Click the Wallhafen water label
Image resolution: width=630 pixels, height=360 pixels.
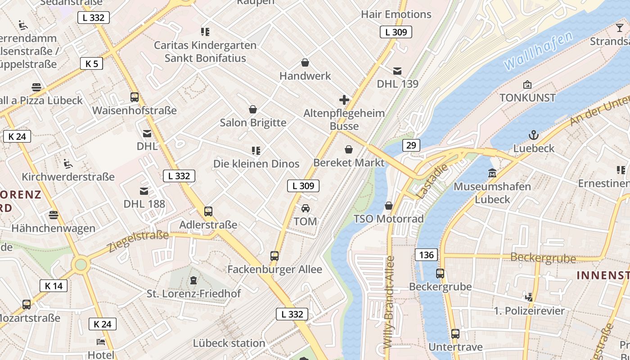pyautogui.click(x=539, y=50)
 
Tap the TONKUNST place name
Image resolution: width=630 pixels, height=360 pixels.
pyautogui.click(x=527, y=98)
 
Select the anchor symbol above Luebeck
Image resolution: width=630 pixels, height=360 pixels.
pyautogui.click(x=534, y=135)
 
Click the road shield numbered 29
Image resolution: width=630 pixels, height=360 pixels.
pyautogui.click(x=410, y=145)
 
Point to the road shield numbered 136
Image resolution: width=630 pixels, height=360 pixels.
pyautogui.click(x=426, y=255)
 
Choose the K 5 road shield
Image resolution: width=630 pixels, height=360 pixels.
pyautogui.click(x=91, y=63)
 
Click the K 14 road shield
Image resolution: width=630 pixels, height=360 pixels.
pyautogui.click(x=54, y=285)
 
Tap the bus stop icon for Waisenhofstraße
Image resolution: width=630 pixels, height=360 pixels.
pyautogui.click(x=135, y=97)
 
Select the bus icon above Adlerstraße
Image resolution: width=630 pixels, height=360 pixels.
pyautogui.click(x=208, y=211)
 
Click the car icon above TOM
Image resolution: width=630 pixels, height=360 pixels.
pyautogui.click(x=305, y=208)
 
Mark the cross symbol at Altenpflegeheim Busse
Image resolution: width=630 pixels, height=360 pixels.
pyautogui.click(x=344, y=100)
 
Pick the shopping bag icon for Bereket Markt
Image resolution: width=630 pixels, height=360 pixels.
pyautogui.click(x=348, y=149)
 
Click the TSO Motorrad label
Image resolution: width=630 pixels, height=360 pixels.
pyautogui.click(x=388, y=219)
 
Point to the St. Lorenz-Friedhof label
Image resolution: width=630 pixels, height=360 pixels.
pyautogui.click(x=193, y=293)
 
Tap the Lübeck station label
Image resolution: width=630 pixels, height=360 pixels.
pyautogui.click(x=229, y=343)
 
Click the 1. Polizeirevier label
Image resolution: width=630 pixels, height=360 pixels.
pyautogui.click(x=529, y=311)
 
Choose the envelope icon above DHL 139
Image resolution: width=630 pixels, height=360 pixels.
pyautogui.click(x=397, y=71)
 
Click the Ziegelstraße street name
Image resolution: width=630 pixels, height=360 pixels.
pyautogui.click(x=138, y=242)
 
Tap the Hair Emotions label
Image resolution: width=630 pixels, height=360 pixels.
pyautogui.click(x=396, y=14)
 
